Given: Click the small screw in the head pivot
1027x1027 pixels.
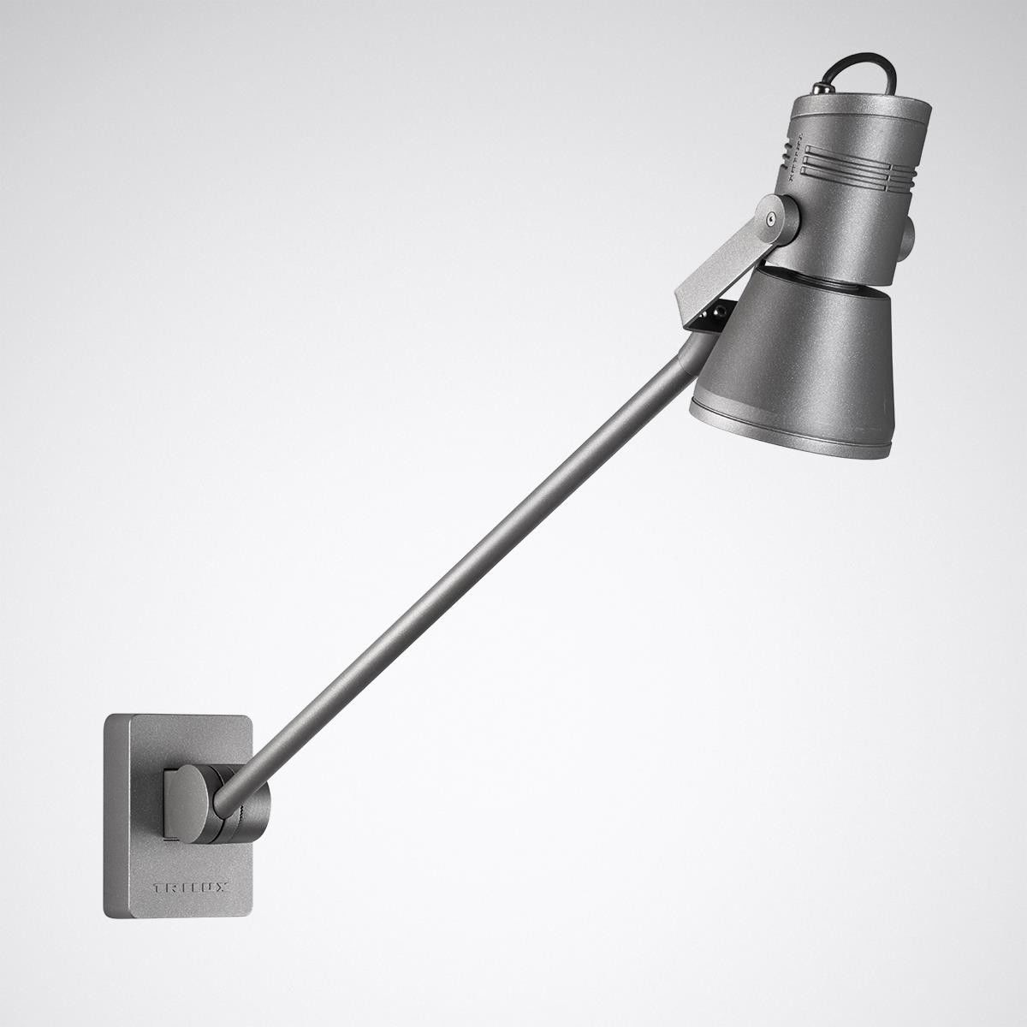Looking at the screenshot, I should coord(773,218).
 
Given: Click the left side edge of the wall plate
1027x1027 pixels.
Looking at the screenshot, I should coord(109,822).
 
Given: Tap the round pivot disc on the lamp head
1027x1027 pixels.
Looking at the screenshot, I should coord(775,218).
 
